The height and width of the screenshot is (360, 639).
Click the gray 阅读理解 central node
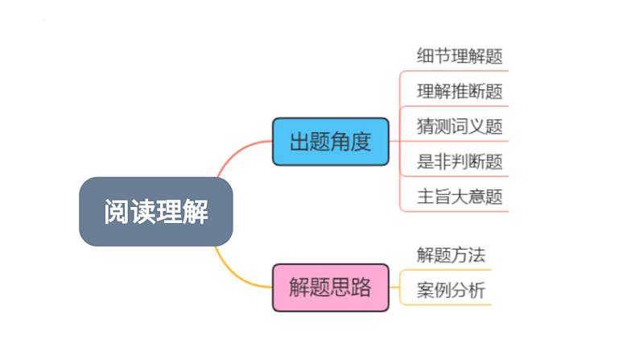156,212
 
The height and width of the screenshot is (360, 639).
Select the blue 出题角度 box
331,142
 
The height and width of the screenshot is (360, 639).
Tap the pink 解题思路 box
331,288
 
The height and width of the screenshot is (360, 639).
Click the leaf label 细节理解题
460,56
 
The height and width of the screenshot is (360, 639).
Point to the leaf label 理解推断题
460,91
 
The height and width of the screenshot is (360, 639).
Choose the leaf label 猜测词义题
460,126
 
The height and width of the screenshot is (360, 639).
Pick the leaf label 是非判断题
460,161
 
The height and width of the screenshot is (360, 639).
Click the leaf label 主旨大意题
460,197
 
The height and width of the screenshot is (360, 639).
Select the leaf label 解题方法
451,255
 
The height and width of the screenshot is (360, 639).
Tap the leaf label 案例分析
451,290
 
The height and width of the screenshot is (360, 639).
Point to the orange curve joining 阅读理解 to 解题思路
237,275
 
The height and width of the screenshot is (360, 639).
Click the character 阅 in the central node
117,212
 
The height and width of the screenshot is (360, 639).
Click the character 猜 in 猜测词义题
425,126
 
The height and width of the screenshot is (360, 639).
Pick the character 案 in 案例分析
425,290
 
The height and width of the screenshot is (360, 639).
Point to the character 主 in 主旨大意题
425,197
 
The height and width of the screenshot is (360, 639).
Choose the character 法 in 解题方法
476,255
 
